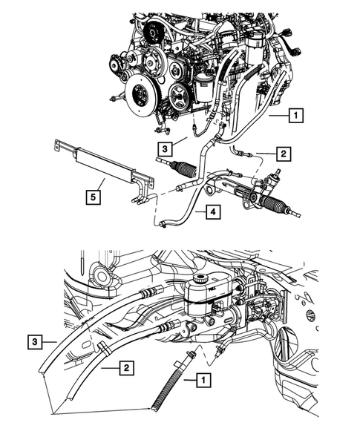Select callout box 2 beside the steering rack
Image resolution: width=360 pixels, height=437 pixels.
283,154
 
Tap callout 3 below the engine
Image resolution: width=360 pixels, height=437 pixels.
166,146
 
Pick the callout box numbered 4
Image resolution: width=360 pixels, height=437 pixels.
213,212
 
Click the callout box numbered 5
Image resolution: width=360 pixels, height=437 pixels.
93,197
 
